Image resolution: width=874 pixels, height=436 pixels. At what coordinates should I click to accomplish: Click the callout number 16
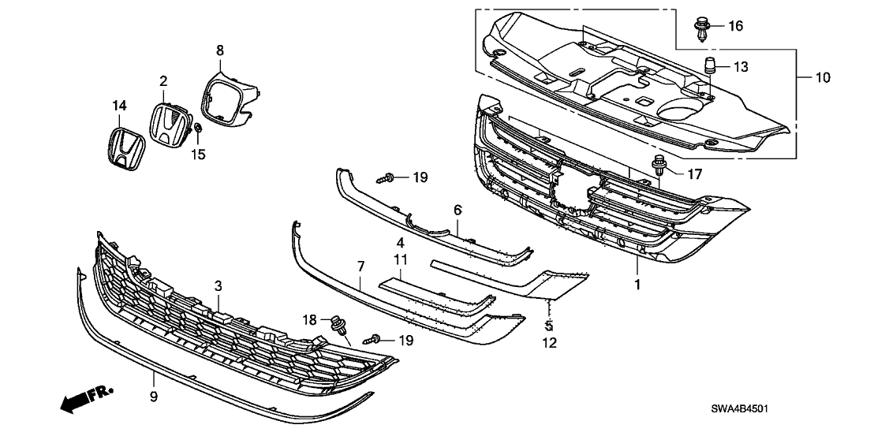click(x=735, y=27)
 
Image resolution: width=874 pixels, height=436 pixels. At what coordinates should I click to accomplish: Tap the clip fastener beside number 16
click(x=701, y=28)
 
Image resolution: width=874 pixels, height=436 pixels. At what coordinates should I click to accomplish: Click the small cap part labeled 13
click(x=709, y=64)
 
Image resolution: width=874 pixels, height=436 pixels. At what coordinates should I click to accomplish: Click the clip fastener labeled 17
click(x=659, y=164)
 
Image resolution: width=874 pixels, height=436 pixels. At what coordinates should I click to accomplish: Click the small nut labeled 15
click(x=199, y=128)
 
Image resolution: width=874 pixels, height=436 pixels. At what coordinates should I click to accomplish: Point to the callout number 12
click(x=551, y=342)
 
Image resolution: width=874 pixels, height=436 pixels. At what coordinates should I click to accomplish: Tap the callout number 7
click(x=360, y=281)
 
